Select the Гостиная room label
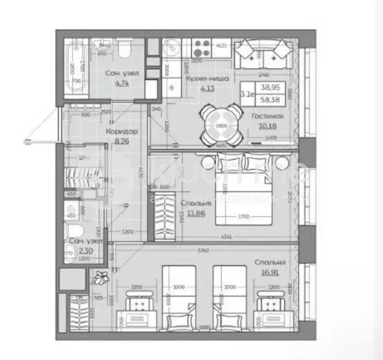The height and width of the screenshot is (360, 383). [x=264, y=117]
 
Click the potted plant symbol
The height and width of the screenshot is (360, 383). [x=100, y=279]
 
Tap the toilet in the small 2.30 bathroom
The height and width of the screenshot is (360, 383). [x=73, y=233]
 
